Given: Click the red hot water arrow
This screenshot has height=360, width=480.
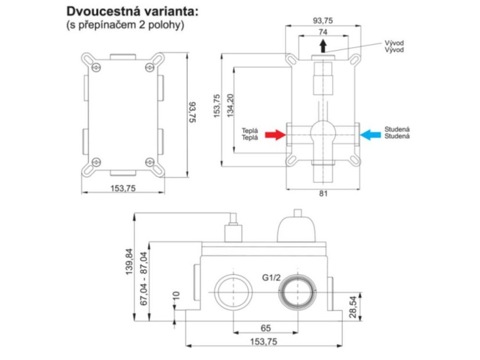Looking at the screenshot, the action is coord(275,135).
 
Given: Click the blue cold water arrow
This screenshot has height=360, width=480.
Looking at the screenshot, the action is coord(370,135).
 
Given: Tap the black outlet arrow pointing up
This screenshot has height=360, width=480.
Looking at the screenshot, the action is coord(323,46).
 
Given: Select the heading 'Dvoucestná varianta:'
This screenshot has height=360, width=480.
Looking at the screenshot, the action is coord(132,11).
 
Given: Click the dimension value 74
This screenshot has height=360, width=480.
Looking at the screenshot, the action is coord(323,32).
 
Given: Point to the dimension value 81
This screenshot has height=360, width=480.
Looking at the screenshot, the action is coord(323,193).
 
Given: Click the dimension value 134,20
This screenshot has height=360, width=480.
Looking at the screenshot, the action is coord(230,106).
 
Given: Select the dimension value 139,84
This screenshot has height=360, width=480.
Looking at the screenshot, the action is coord(130,261).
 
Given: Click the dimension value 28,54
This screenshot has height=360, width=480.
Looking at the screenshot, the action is coord(353,307).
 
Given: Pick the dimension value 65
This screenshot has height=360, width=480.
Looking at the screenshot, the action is coord(266,328).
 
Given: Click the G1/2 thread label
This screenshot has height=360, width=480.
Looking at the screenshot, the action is coord(271,278).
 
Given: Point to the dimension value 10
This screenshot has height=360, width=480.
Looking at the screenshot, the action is coord(176,296).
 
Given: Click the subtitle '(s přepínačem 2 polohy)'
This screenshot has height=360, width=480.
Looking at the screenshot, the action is coord(125,25).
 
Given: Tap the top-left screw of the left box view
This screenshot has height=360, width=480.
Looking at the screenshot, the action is coord(96,67).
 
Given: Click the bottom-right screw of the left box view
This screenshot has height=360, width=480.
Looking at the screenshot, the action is coord(150,162).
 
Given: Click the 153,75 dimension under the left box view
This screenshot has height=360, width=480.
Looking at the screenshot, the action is coord(123,188).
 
